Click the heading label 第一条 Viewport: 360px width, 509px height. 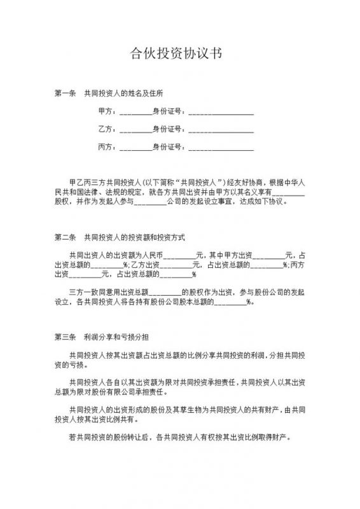tap(64, 93)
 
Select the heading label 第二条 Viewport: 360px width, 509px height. tap(64, 237)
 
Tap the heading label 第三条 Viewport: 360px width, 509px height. tap(64, 335)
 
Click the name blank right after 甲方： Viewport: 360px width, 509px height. tap(135, 113)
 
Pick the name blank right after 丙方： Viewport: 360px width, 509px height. tap(135, 148)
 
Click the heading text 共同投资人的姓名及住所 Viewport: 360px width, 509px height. tap(120, 93)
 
